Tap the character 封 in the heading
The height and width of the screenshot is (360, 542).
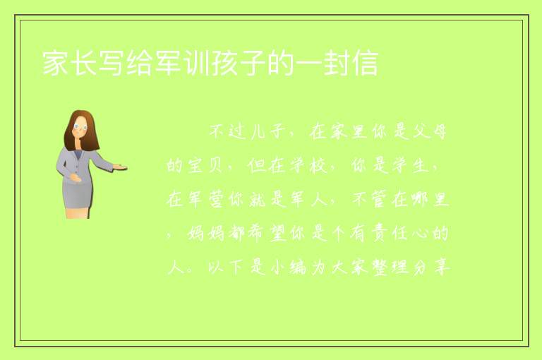point(337,63)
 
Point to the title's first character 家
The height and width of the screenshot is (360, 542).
point(55,63)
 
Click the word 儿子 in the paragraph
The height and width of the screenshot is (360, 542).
point(268,132)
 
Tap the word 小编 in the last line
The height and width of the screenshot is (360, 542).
point(289,268)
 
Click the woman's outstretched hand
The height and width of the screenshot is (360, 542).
point(120,167)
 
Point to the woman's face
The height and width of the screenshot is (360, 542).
point(80,126)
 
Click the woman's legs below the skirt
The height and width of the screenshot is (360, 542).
point(77,212)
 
